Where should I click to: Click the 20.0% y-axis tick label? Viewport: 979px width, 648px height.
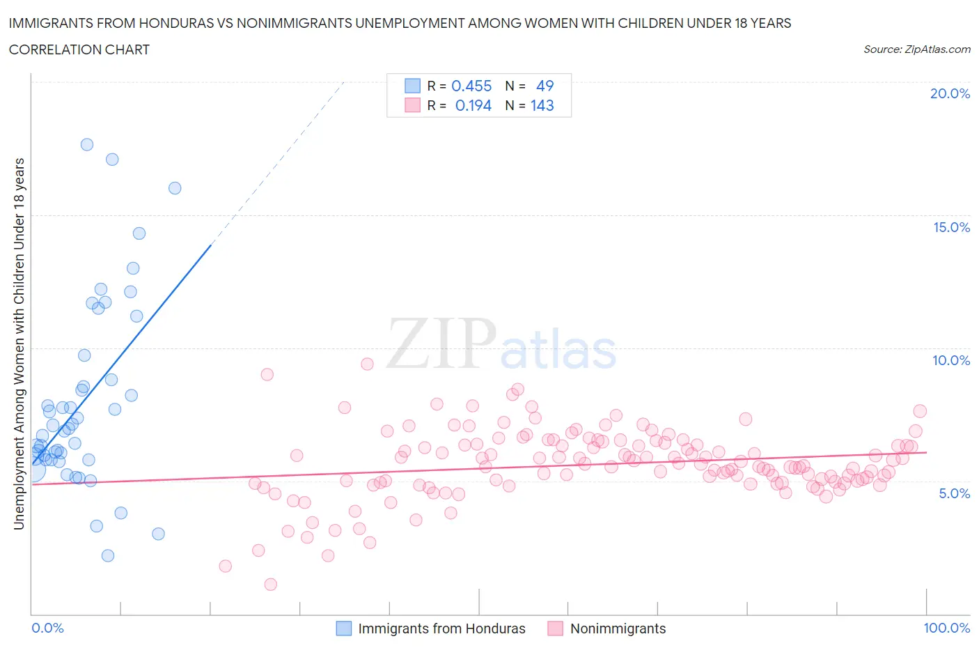click(950, 93)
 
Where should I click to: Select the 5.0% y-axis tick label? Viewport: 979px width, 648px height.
click(954, 493)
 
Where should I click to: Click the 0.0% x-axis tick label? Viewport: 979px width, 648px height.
click(47, 628)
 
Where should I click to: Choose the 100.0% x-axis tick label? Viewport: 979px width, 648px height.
click(946, 628)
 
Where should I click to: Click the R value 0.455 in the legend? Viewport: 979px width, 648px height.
click(471, 86)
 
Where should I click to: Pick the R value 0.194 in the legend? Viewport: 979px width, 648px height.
click(473, 105)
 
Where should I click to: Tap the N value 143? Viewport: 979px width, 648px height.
click(542, 105)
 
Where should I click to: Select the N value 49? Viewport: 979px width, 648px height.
click(545, 86)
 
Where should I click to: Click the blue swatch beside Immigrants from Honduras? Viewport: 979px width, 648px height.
click(344, 628)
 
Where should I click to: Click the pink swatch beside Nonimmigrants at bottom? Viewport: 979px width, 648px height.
click(555, 628)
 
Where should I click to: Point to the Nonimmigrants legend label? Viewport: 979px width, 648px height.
click(618, 628)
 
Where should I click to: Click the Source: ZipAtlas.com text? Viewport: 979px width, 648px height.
click(916, 49)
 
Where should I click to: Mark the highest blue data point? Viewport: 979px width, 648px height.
click(87, 145)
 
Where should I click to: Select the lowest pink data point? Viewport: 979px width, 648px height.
click(271, 585)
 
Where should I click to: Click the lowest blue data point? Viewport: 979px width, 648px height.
click(108, 555)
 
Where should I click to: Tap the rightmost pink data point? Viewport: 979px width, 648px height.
click(920, 411)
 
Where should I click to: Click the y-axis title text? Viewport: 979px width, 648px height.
click(19, 344)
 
